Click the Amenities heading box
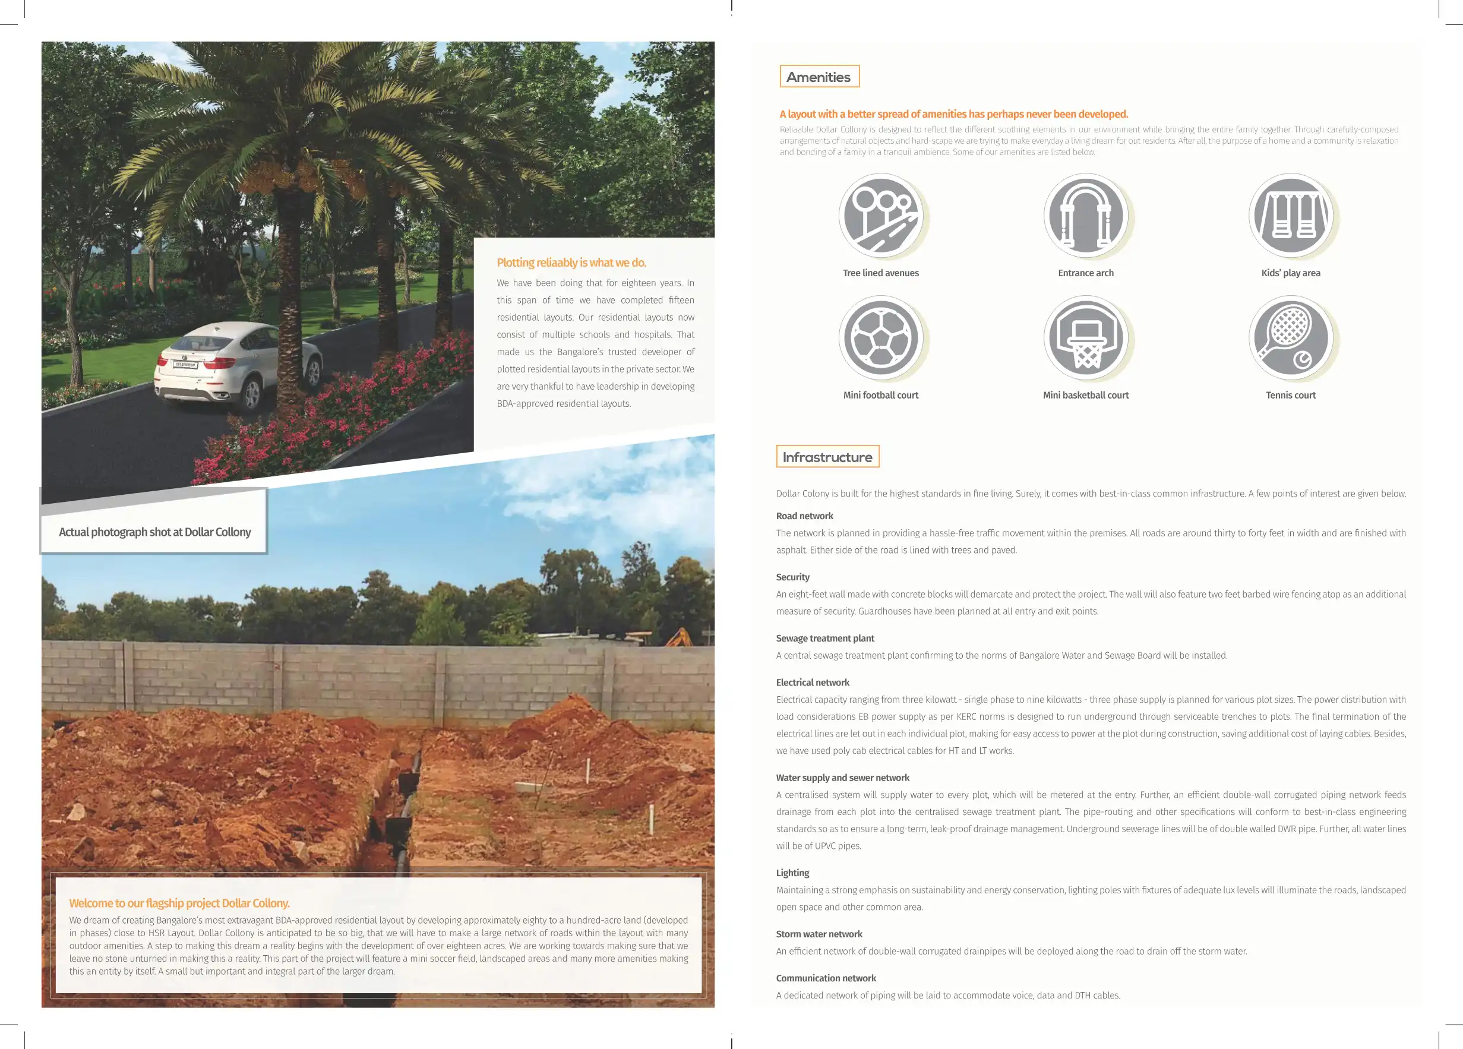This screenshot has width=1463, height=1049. [819, 77]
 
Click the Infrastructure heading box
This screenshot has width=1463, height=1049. [827, 457]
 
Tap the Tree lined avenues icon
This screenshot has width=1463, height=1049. [880, 216]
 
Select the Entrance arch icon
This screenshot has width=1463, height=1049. [1086, 216]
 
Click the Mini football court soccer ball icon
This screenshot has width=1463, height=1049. [880, 338]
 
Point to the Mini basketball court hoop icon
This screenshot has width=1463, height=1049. [1086, 338]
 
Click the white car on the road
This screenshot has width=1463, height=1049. [239, 365]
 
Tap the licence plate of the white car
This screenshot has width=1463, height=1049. [186, 365]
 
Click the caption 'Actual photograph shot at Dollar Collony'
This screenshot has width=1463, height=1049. [155, 532]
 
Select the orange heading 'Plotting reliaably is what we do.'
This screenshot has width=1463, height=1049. [571, 263]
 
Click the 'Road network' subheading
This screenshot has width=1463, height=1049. [804, 516]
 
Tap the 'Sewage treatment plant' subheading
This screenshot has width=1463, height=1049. [825, 638]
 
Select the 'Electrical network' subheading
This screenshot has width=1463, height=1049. [812, 683]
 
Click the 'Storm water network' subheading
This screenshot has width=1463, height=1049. [819, 934]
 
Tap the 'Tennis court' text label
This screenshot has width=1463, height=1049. [1290, 396]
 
